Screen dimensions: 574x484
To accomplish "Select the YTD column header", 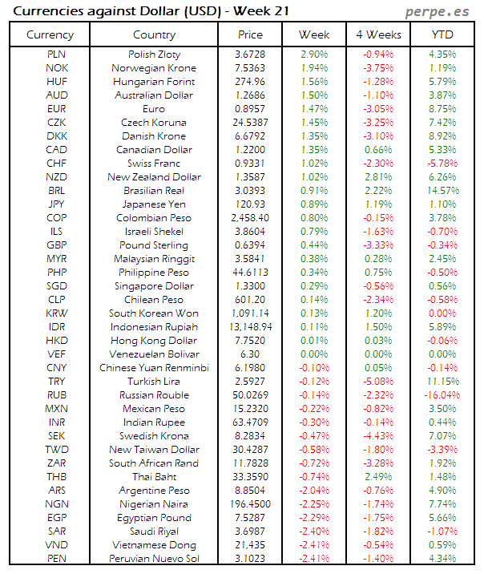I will pyautogui.click(x=442, y=34).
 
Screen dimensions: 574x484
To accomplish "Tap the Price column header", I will pyautogui.click(x=250, y=34).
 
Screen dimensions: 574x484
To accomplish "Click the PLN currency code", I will pyautogui.click(x=57, y=54).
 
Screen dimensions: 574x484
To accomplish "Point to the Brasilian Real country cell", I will pyautogui.click(x=154, y=191).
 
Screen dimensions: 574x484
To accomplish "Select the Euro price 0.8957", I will pyautogui.click(x=250, y=108).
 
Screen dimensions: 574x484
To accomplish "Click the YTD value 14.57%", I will pyautogui.click(x=442, y=191).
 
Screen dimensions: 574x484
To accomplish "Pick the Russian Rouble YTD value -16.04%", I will pyautogui.click(x=442, y=395).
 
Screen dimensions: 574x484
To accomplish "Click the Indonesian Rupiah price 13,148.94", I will pyautogui.click(x=250, y=327).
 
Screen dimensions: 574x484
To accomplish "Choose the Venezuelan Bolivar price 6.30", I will pyautogui.click(x=250, y=354).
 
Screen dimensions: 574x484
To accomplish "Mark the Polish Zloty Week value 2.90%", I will pyautogui.click(x=314, y=54).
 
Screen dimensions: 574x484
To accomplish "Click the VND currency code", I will pyautogui.click(x=57, y=545).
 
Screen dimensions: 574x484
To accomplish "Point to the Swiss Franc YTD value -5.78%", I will pyautogui.click(x=442, y=164).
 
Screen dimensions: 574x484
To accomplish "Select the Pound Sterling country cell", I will pyautogui.click(x=154, y=245).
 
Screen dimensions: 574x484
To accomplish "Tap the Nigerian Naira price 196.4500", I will pyautogui.click(x=250, y=504).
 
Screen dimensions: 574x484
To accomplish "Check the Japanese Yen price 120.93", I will pyautogui.click(x=250, y=204).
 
